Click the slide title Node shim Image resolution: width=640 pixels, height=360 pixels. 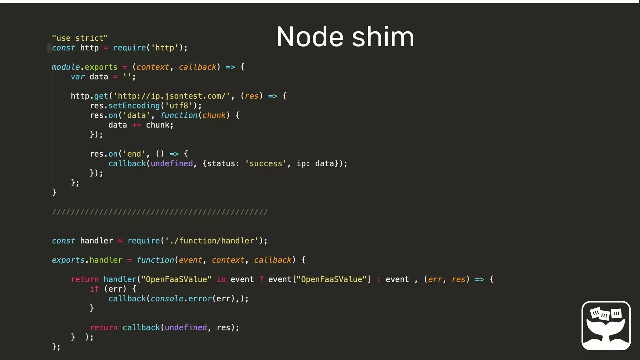345,37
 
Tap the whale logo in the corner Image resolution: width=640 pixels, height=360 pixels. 606,325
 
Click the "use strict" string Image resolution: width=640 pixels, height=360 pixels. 80,38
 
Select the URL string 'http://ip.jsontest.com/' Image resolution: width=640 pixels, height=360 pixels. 172,96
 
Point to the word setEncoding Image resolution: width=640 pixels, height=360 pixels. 134,106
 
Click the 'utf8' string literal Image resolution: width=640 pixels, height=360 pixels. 179,106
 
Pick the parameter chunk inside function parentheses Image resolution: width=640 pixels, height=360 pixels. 214,115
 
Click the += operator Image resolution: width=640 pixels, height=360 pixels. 136,125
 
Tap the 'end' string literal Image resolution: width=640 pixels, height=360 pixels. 134,154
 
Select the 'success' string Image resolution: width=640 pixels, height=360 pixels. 266,163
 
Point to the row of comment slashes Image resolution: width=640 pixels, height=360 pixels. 160,212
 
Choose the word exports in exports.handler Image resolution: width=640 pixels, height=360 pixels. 68,260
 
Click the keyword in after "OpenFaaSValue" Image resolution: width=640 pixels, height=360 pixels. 221,279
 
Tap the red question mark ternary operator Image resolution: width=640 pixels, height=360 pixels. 261,279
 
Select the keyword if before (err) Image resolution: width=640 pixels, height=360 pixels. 94,289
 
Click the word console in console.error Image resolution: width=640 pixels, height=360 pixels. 167,299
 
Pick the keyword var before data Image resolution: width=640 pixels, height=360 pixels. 77,77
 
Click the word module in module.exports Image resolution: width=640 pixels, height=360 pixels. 66,67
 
